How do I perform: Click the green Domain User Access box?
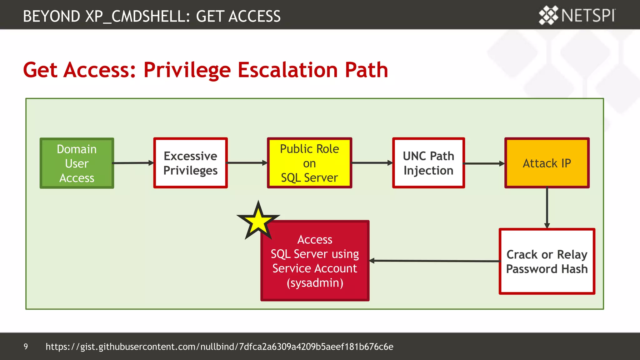tap(77, 163)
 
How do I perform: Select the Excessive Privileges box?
tap(190, 163)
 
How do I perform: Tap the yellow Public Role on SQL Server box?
tap(309, 163)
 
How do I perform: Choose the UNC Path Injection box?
tap(428, 163)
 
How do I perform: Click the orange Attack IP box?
tap(547, 163)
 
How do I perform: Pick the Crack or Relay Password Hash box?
tap(547, 262)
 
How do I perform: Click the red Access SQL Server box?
tap(315, 261)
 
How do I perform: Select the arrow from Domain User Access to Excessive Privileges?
tap(133, 163)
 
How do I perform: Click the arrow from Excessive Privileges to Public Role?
tap(247, 163)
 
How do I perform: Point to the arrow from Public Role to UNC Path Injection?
tap(372, 163)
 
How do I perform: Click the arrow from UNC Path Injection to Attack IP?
tap(484, 163)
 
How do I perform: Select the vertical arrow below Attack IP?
tap(547, 208)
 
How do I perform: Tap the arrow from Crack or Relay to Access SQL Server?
tap(434, 261)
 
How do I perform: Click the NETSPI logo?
tap(577, 15)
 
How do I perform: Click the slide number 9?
tap(26, 347)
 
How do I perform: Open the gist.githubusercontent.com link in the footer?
tap(219, 347)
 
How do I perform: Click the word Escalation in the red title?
tap(288, 70)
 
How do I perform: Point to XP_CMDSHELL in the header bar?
tap(137, 16)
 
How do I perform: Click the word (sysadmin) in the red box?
tap(315, 283)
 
